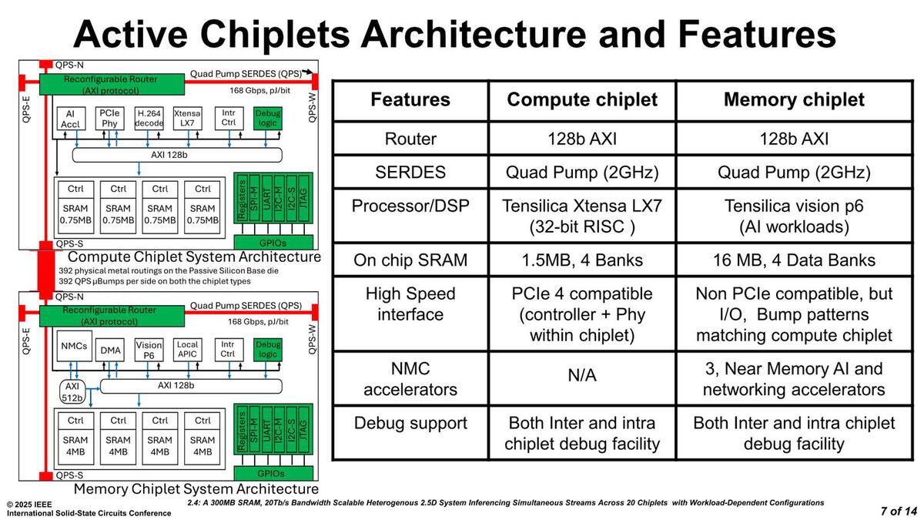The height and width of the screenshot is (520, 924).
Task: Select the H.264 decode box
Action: point(149,118)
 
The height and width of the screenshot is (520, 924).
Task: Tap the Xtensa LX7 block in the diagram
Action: point(187,118)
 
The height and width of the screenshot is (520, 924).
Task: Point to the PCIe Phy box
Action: point(109,118)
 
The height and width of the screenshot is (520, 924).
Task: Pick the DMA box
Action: point(111,351)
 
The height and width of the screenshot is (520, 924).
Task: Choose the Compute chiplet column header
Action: point(581,99)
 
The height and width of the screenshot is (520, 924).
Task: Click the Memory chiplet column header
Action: point(794,99)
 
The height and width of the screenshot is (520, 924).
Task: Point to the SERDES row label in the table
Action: point(410,172)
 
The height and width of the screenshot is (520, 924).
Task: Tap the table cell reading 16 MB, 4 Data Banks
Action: point(794,260)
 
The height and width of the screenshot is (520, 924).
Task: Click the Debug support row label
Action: point(410,423)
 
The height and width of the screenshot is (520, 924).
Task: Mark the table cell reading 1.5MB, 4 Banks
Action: point(581,260)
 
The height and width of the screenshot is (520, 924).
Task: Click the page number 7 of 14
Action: point(899,511)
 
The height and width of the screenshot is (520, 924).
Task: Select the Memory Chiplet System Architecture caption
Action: point(196,489)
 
